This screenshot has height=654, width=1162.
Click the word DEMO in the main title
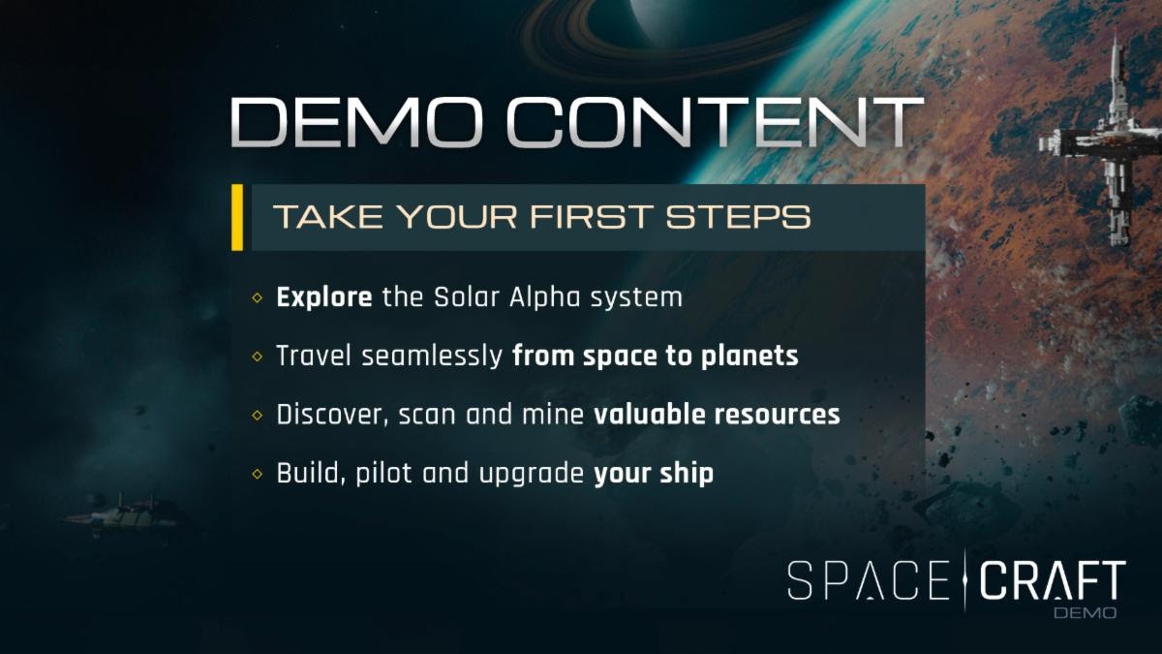pos(357,122)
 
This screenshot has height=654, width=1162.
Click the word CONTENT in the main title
pos(715,122)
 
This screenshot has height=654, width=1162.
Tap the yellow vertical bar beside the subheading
pos(237,217)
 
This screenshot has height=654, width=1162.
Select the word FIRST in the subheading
pos(591,216)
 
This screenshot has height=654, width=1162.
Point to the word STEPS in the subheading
pos(738,216)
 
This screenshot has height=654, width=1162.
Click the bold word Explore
pos(324,298)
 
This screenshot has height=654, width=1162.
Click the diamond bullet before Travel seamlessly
pos(258,357)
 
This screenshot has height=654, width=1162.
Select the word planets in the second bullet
pos(749,357)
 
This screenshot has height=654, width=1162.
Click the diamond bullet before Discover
pos(258,416)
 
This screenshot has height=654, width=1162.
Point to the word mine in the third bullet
pos(553,415)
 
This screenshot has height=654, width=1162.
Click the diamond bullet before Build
pos(258,474)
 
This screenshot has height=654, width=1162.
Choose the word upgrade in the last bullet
pos(532,475)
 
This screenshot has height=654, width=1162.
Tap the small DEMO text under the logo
pos(1086,613)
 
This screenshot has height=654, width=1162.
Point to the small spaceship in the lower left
pos(122,513)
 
